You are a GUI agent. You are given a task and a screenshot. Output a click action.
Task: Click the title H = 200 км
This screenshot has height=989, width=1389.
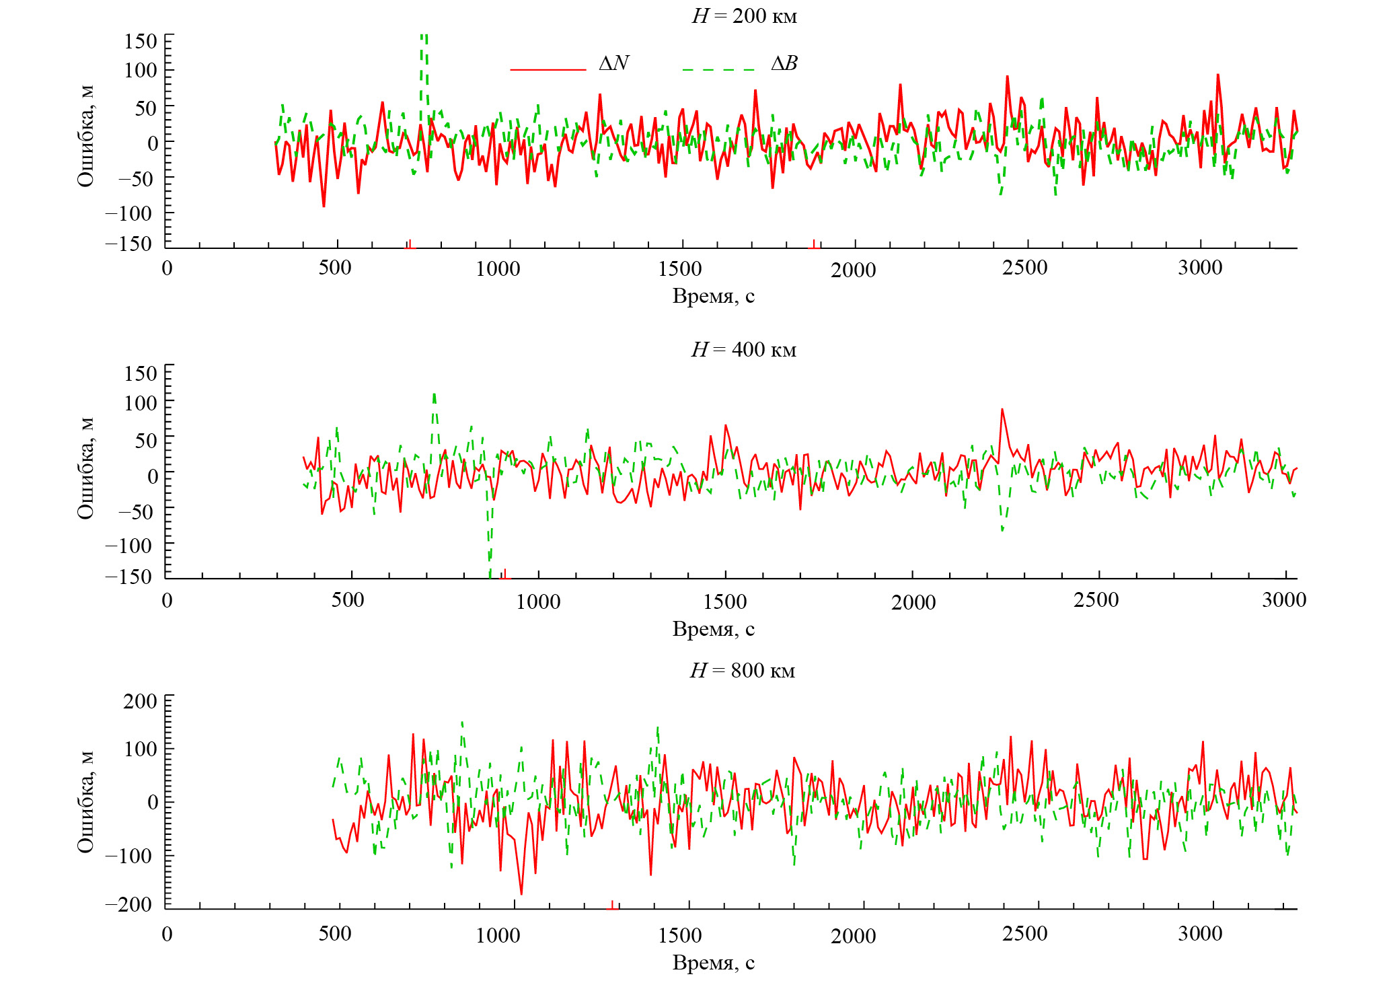[x=744, y=15]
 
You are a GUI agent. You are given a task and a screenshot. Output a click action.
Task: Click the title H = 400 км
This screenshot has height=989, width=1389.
[x=743, y=350]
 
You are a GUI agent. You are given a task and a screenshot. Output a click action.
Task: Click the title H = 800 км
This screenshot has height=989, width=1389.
[x=742, y=671]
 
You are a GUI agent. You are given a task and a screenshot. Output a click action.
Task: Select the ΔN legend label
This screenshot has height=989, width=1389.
[x=613, y=63]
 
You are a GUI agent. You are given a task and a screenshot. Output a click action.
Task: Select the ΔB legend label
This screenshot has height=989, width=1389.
[x=784, y=63]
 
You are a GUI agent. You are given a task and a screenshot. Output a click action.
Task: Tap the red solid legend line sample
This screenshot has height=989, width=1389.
[x=548, y=69]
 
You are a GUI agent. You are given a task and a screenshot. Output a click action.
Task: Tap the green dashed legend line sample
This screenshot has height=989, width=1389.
[x=718, y=69]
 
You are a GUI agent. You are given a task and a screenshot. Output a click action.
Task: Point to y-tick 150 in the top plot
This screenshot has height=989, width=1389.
[x=141, y=41]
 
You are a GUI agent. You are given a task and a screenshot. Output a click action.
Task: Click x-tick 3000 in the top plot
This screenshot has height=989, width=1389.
[x=1199, y=268]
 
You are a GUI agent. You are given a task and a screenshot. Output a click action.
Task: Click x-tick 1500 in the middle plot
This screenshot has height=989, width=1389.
[x=724, y=601]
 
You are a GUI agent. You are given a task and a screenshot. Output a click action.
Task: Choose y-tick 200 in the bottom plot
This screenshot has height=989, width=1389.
[x=140, y=701]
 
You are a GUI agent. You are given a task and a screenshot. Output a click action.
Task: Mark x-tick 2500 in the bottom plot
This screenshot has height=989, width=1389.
[x=1024, y=934]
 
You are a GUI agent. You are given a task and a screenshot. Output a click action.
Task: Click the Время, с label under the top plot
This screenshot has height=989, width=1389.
[x=713, y=296]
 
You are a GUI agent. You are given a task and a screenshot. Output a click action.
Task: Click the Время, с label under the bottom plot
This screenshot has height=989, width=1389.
[x=713, y=963]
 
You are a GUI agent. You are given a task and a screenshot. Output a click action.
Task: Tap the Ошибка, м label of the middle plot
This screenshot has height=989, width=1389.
[x=85, y=469]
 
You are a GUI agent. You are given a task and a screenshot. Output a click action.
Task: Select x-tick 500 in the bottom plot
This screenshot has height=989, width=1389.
[x=335, y=934]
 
